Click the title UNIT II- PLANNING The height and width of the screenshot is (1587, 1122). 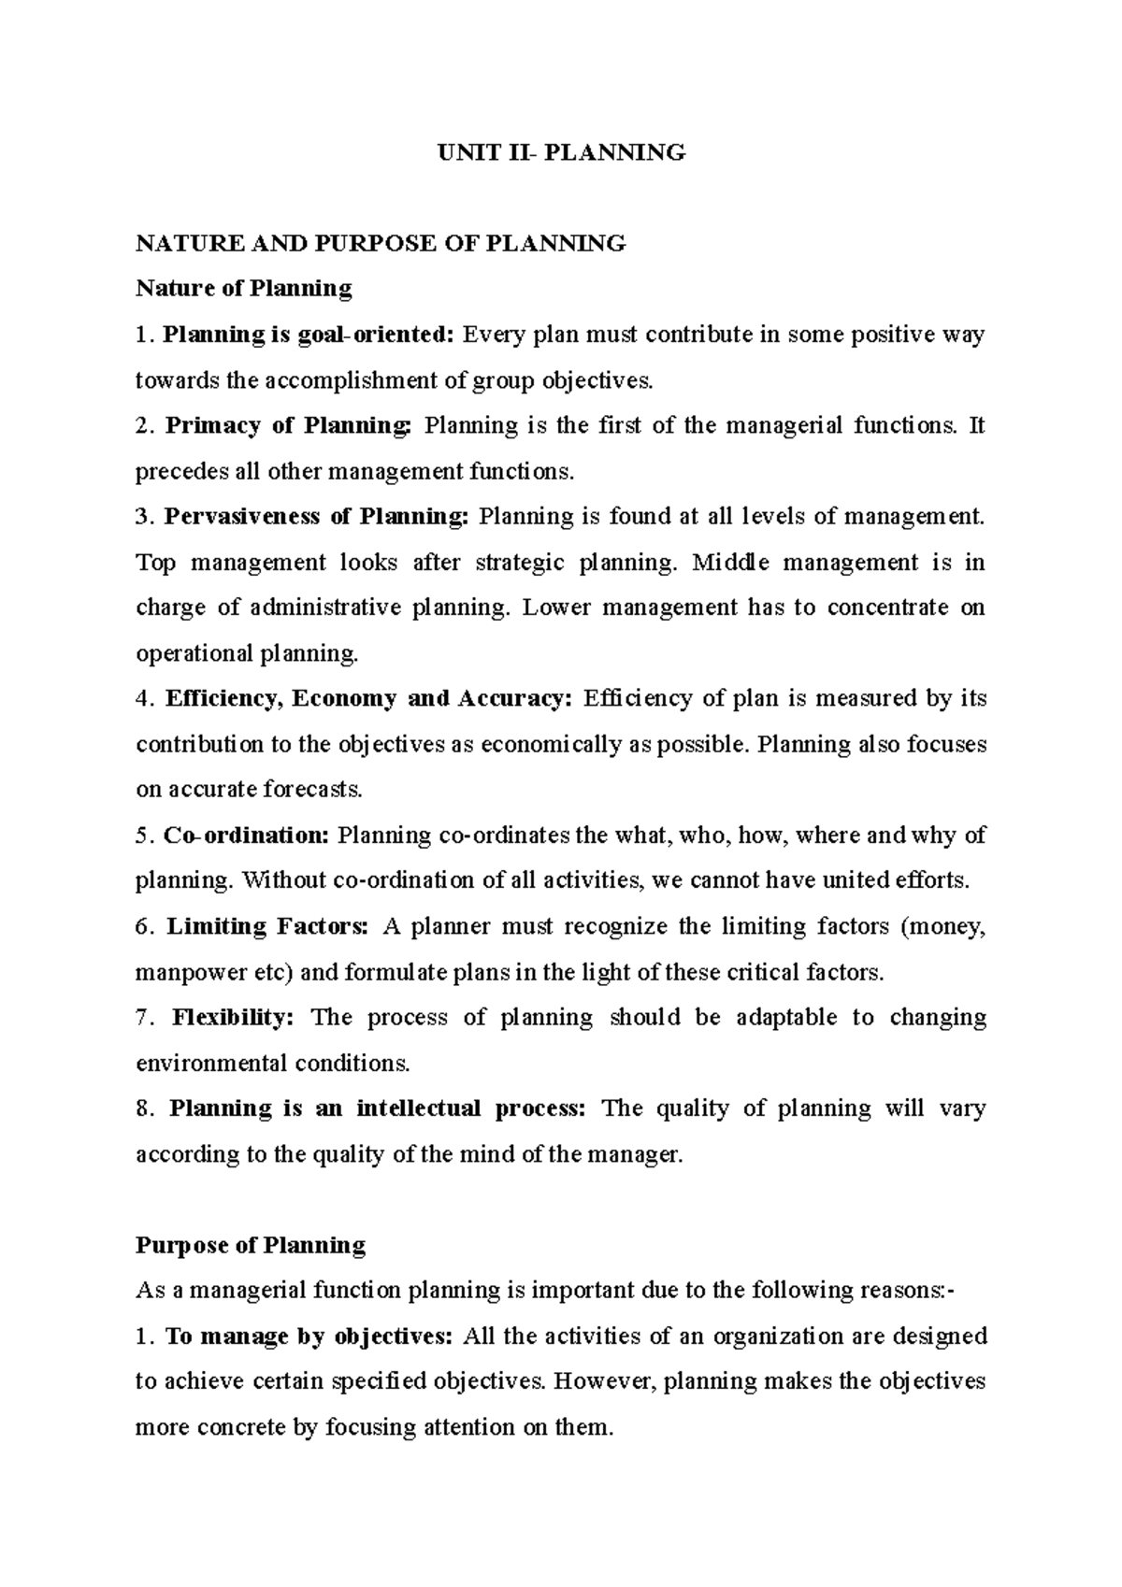pos(562,152)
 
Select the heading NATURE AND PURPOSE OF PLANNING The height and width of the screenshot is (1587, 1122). pos(381,244)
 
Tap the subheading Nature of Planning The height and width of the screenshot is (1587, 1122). pos(244,289)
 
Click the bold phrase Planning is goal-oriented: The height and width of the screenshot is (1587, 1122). pos(309,335)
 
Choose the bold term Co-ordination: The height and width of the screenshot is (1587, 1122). pos(246,836)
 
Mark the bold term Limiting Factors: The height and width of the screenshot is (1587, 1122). pos(268,927)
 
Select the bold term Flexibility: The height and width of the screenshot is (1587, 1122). pos(233,1018)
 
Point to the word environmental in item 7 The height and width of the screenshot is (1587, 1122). pos(212,1064)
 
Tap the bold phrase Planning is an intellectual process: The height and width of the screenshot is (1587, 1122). pos(378,1109)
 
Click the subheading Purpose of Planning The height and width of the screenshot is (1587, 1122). pos(251,1246)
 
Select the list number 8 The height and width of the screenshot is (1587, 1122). pos(142,1109)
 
